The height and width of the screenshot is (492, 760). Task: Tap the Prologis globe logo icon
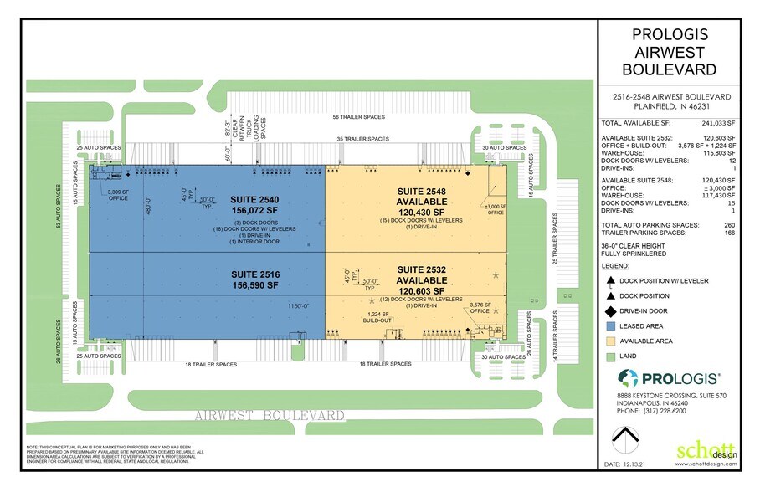(626, 377)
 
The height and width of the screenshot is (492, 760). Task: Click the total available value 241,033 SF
(719, 123)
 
